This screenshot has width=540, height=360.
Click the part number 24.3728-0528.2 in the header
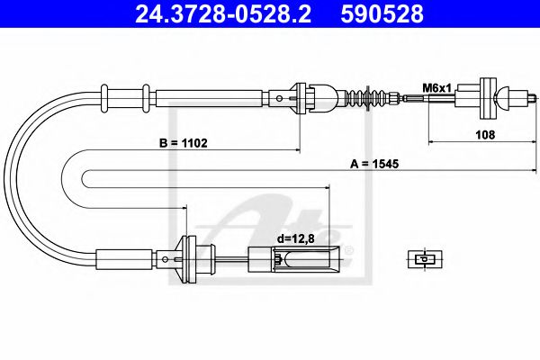223,14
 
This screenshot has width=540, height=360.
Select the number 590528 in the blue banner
382,14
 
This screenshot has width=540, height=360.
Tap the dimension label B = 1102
184,143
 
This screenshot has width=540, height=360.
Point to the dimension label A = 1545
374,164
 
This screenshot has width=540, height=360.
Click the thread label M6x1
436,88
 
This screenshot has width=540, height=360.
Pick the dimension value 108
485,135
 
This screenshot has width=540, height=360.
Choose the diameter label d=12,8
296,238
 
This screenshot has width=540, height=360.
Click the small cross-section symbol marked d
425,259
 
